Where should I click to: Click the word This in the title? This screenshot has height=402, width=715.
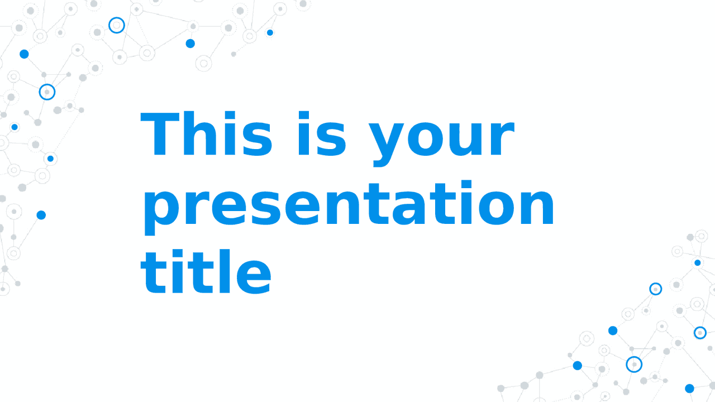[x=207, y=133]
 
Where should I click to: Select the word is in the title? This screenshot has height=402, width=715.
[x=322, y=133]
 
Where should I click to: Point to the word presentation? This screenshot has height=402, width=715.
[x=349, y=207]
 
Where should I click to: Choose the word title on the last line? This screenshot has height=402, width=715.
[x=206, y=271]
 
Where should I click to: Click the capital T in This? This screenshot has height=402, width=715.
[x=160, y=133]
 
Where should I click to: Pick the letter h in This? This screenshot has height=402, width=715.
[x=198, y=133]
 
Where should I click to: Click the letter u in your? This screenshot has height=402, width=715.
[x=470, y=140]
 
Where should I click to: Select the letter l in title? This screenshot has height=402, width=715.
[x=225, y=271]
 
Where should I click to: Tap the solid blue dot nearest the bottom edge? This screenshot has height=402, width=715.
[x=689, y=388]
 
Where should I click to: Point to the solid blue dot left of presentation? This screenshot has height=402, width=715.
[x=41, y=215]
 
